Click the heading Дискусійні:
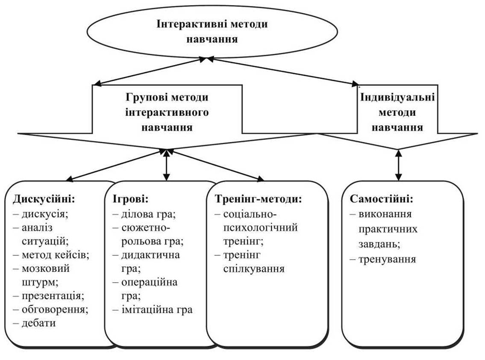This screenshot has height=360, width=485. (44, 199)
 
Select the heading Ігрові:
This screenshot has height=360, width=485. (130, 199)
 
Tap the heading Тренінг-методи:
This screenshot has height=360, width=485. (258, 199)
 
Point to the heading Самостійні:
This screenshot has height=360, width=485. (382, 199)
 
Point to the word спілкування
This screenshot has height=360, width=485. (254, 269)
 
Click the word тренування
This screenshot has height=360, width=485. (387, 259)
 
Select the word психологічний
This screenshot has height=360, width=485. (260, 227)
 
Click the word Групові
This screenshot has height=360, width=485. (144, 97)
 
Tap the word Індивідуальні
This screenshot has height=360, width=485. (398, 97)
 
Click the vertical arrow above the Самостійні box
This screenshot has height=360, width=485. (398, 165)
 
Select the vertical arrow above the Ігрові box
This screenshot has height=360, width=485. (166, 165)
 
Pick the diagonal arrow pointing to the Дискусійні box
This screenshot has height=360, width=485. (115, 165)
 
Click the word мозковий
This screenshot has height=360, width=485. (45, 269)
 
